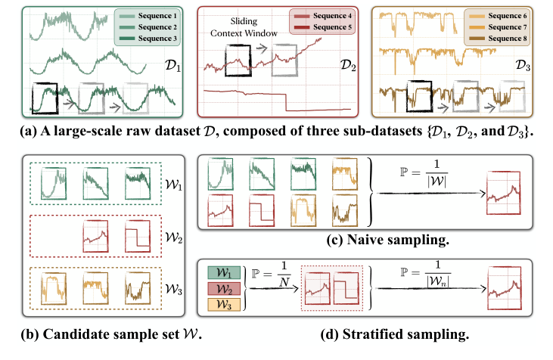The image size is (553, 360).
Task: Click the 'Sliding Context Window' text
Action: [241, 28]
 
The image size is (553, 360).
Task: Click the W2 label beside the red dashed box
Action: [176, 237]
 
